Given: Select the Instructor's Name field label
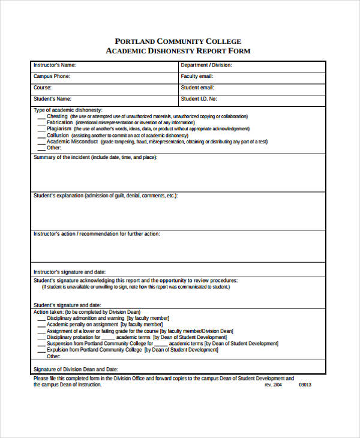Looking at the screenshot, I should (55, 65).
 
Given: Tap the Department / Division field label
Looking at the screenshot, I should (206, 65).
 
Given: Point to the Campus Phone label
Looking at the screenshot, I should (52, 76).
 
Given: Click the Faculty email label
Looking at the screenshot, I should (197, 76).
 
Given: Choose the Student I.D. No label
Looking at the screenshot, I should (199, 98).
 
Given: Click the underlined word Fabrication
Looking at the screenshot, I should (61, 122).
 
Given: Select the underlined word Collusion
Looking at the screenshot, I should (58, 135).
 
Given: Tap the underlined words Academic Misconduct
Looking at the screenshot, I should (72, 142).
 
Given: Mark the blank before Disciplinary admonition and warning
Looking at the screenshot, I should (41, 319).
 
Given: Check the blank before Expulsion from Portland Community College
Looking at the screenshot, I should (41, 350).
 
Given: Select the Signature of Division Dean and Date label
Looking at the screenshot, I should (76, 369).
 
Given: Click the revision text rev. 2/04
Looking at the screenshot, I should (273, 385).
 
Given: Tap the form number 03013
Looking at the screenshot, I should (305, 385).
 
